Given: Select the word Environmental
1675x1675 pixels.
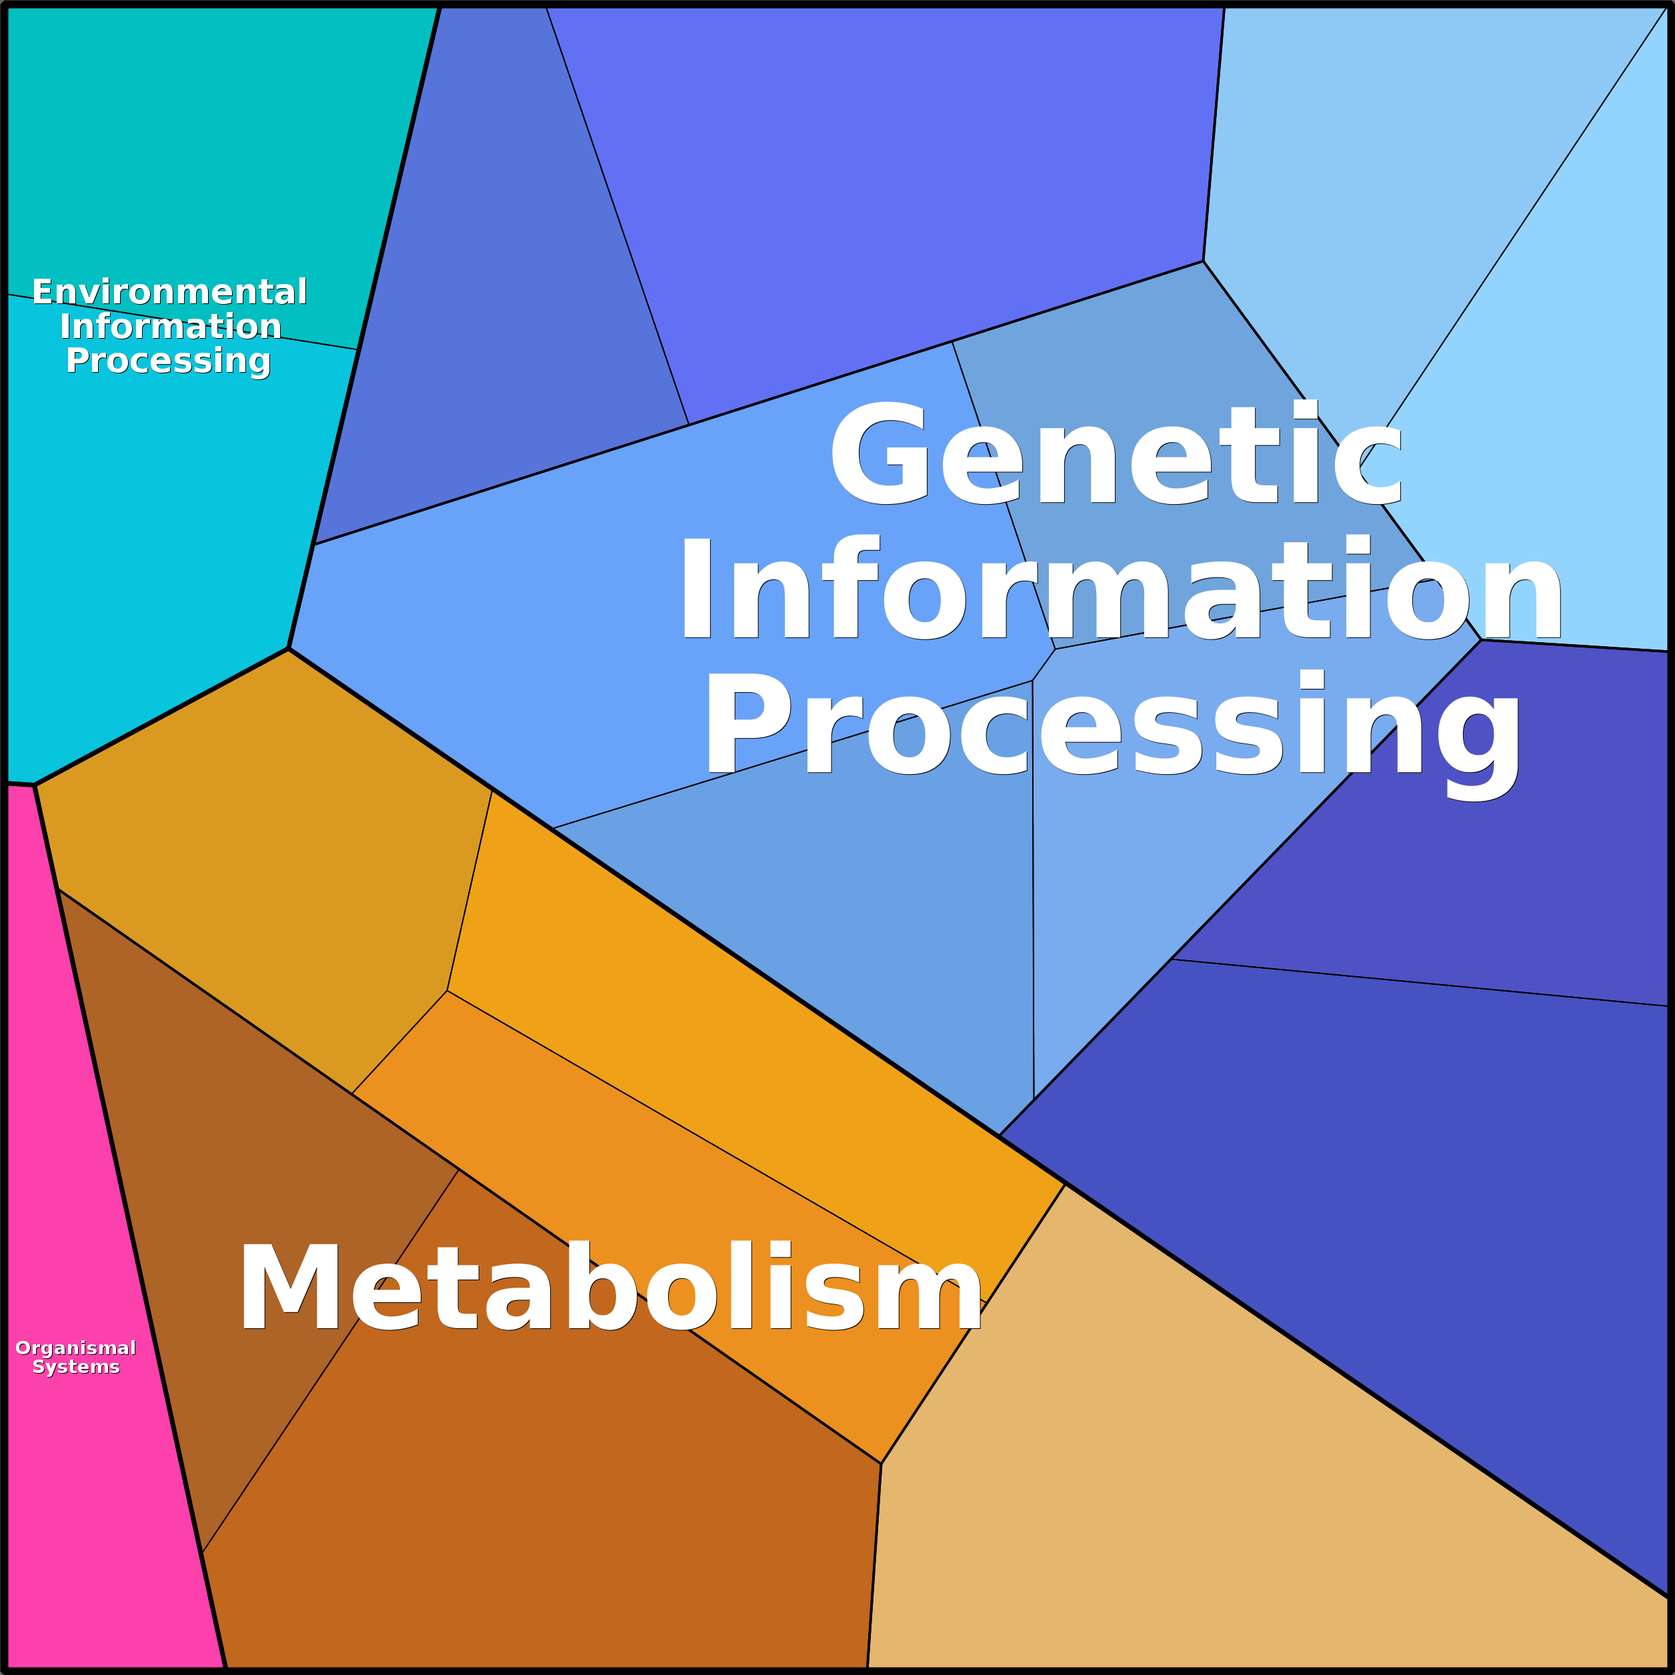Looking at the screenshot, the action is click(169, 292).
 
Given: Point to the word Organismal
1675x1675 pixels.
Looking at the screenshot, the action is click(76, 1348).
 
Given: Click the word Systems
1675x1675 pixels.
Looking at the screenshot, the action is click(76, 1367).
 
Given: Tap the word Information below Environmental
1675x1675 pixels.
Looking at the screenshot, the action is click(170, 327).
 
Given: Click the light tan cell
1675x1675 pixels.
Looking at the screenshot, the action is click(1257, 1474).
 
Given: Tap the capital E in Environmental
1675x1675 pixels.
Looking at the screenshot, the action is click(43, 292).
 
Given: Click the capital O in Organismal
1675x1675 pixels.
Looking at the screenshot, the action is click(24, 1348).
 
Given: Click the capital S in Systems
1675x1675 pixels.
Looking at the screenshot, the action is click(39, 1367).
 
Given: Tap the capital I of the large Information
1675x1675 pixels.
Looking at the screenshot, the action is click(696, 588).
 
